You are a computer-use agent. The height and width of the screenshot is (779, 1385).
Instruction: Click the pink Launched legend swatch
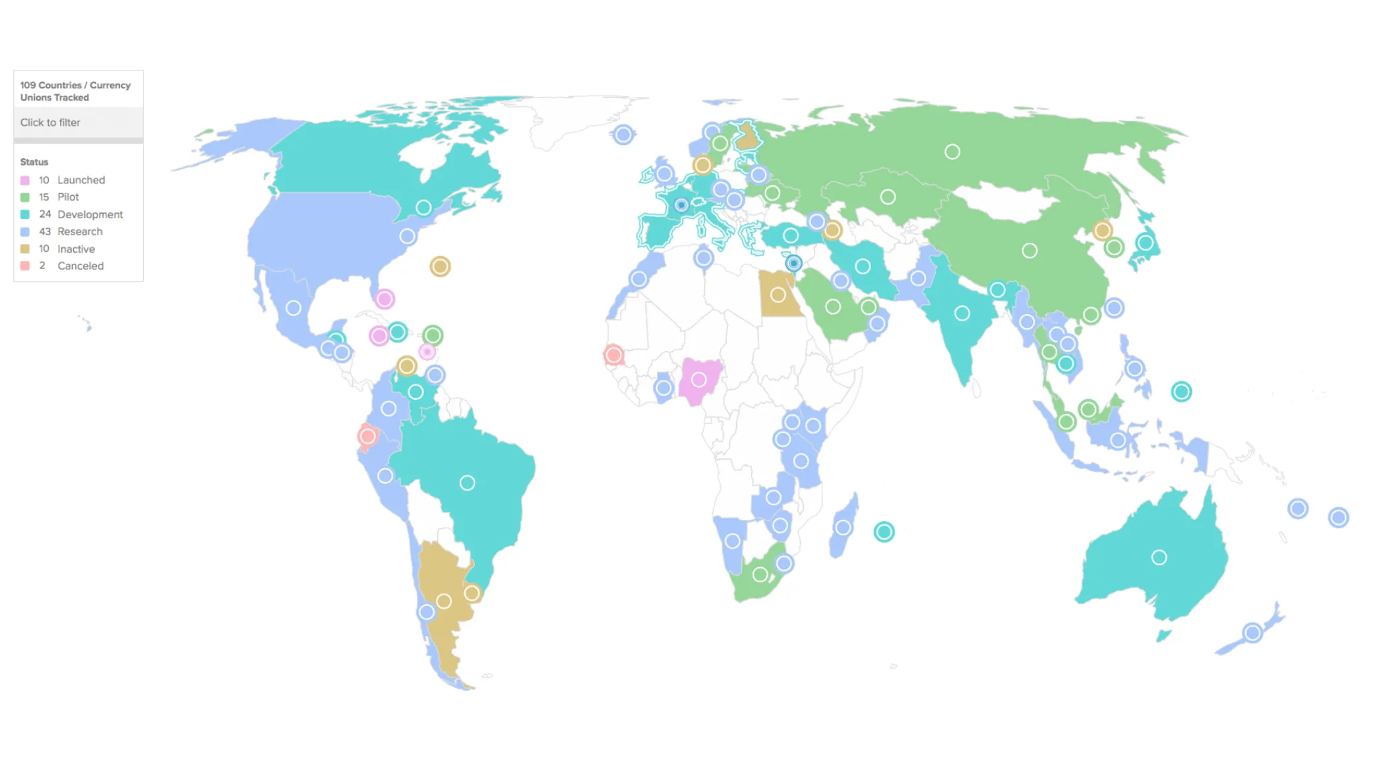pyautogui.click(x=25, y=180)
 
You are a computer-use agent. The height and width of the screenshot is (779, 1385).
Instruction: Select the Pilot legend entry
pyautogui.click(x=68, y=197)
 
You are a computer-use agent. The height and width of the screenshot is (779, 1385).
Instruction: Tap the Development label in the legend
pyautogui.click(x=90, y=214)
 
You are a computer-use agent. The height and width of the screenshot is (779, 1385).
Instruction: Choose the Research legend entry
pyautogui.click(x=80, y=232)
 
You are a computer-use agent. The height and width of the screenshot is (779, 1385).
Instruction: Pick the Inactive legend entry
pyautogui.click(x=76, y=249)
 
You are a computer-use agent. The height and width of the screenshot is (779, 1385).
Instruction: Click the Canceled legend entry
pyautogui.click(x=80, y=266)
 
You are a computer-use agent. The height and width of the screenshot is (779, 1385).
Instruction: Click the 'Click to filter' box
pyautogui.click(x=78, y=123)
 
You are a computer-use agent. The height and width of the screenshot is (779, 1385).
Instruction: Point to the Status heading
pyautogui.click(x=34, y=162)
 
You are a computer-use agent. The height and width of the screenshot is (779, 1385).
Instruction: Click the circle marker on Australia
pyautogui.click(x=1159, y=557)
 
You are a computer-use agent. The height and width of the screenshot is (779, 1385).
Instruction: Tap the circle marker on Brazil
pyautogui.click(x=467, y=483)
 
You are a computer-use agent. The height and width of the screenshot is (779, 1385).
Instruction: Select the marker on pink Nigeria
pyautogui.click(x=698, y=379)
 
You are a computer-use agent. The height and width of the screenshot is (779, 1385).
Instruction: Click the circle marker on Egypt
pyautogui.click(x=778, y=295)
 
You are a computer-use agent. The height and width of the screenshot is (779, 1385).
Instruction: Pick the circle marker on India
pyautogui.click(x=962, y=313)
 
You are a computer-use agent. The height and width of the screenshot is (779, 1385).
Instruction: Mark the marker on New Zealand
pyautogui.click(x=1252, y=633)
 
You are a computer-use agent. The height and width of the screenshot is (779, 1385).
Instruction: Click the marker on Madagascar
pyautogui.click(x=843, y=527)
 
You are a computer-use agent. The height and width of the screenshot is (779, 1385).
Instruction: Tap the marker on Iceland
pyautogui.click(x=623, y=135)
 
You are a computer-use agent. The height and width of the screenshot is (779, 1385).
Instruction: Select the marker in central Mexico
pyautogui.click(x=293, y=308)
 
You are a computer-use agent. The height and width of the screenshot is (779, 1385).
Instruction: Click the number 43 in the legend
pyautogui.click(x=45, y=232)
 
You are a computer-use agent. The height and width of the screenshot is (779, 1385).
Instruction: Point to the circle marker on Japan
pyautogui.click(x=1145, y=243)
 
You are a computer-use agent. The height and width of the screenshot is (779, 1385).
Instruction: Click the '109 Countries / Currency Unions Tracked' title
pyautogui.click(x=75, y=91)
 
